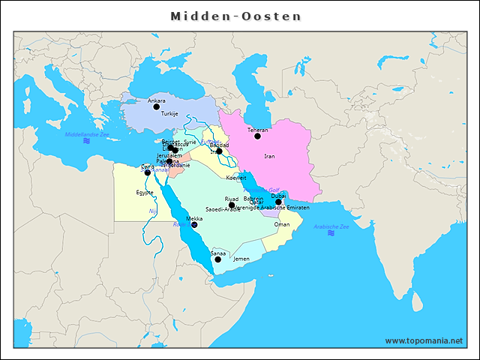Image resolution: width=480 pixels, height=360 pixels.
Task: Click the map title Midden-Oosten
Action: [x=235, y=16]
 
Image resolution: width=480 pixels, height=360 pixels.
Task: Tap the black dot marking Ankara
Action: [x=157, y=107]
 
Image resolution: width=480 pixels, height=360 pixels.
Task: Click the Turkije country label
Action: [x=170, y=114]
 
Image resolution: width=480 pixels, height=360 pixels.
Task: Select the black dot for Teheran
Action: [x=257, y=136]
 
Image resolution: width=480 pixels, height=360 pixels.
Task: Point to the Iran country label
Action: [x=270, y=157]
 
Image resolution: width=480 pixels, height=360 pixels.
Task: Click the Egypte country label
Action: [x=145, y=193]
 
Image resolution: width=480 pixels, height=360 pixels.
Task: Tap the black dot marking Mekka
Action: [x=194, y=224]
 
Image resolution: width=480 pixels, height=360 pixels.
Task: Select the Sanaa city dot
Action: [x=217, y=259]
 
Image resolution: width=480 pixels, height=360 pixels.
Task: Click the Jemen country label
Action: [x=241, y=259]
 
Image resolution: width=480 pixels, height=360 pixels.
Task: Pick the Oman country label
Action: [x=282, y=224]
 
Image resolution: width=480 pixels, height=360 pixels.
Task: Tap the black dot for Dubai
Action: [x=278, y=202]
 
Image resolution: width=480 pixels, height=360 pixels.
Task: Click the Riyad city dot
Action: [x=232, y=205]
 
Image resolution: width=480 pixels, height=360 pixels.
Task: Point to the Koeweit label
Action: [x=236, y=178]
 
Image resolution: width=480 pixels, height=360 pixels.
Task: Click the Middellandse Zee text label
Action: [x=87, y=134]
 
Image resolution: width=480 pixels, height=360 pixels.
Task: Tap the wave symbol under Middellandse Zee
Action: [x=87, y=141]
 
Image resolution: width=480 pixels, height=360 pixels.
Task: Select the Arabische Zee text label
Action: [x=331, y=226]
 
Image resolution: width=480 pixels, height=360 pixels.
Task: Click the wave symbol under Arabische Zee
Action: [x=331, y=233]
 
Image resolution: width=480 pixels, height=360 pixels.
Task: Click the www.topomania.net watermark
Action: [x=424, y=340]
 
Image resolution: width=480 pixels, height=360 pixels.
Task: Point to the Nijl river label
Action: [x=153, y=211]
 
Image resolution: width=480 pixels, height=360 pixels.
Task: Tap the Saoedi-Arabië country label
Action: [x=223, y=209]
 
